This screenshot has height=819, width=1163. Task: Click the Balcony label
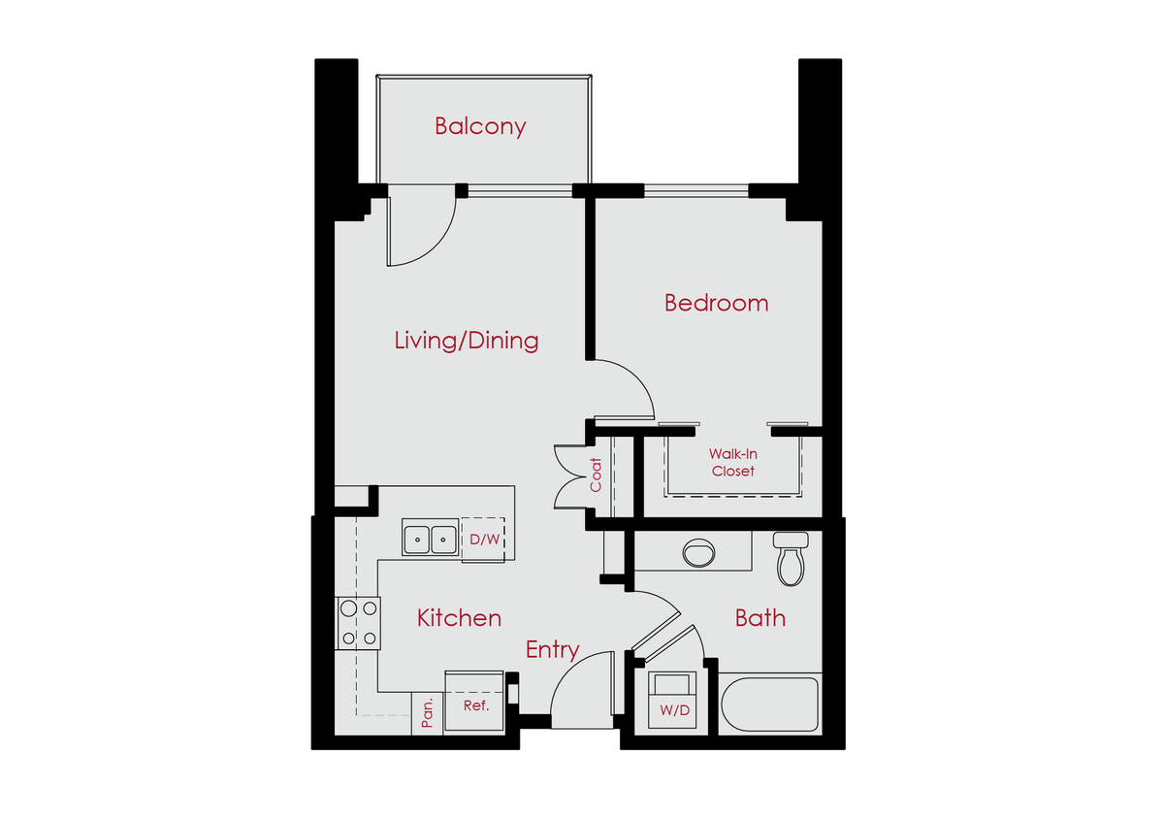point(480,126)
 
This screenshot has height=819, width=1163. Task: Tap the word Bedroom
point(716,303)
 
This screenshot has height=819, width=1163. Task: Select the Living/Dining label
point(467,341)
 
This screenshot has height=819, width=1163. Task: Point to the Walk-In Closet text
point(732,462)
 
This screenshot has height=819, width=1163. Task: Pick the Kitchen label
point(459,618)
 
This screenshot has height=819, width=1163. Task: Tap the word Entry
point(552,650)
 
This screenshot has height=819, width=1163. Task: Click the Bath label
point(759,618)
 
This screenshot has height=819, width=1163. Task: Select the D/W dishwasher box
point(483,539)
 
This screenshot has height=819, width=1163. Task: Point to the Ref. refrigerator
point(474,702)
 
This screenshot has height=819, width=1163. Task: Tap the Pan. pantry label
point(427,715)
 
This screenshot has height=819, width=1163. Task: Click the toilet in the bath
point(791,560)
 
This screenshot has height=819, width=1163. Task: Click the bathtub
point(770,704)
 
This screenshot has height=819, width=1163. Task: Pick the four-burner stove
point(357,623)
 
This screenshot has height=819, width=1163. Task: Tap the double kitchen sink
point(430,538)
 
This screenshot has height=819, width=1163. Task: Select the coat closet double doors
point(567,475)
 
